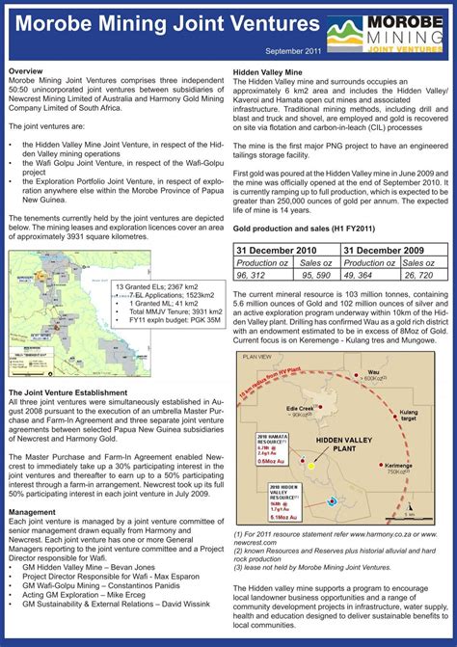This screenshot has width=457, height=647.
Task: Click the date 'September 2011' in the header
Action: tap(292, 50)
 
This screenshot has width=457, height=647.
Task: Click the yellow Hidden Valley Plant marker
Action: tap(311, 465)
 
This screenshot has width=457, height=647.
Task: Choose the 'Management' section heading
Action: tap(32, 512)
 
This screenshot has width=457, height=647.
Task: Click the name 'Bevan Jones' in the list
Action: tap(132, 567)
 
